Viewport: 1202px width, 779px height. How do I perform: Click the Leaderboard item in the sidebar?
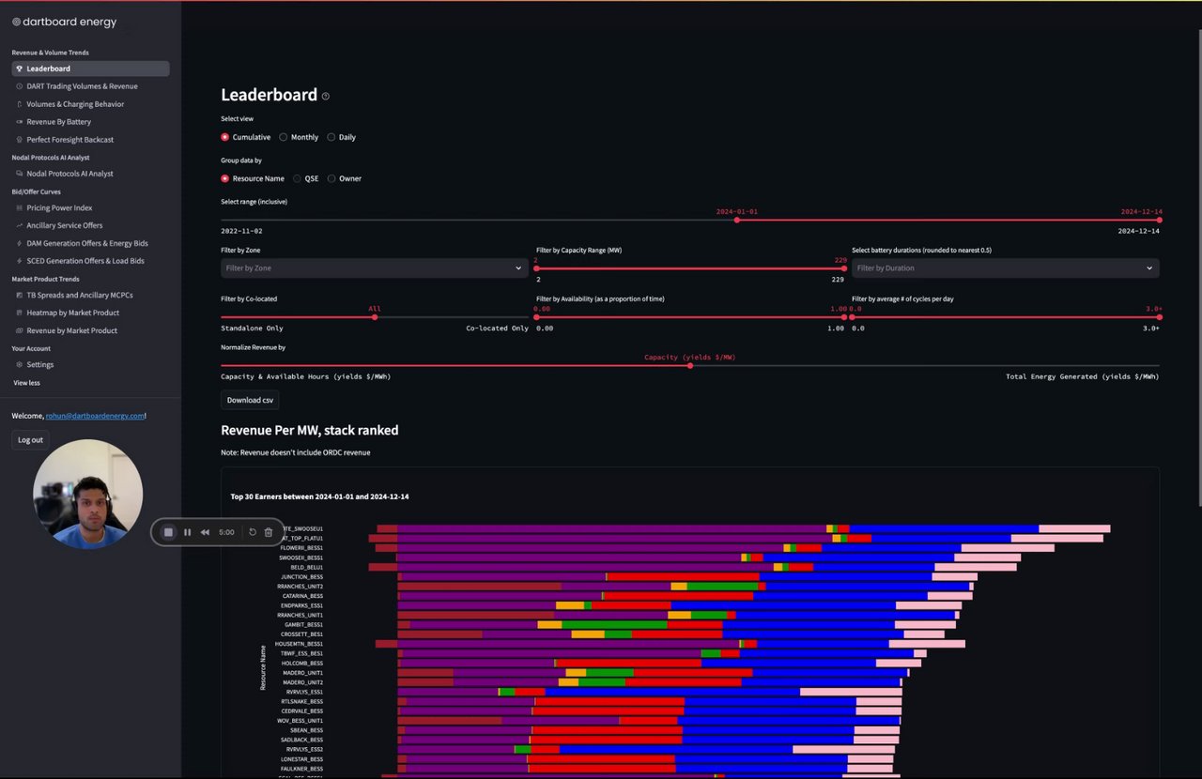pyautogui.click(x=48, y=69)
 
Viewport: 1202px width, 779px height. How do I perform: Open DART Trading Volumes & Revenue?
pyautogui.click(x=82, y=86)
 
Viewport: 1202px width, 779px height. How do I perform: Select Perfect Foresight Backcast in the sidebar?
pyautogui.click(x=69, y=140)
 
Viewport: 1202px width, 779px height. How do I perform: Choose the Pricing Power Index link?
pyautogui.click(x=59, y=207)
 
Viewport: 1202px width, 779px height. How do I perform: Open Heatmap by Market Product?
pyautogui.click(x=72, y=313)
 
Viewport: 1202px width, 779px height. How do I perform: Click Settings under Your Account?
pyautogui.click(x=39, y=364)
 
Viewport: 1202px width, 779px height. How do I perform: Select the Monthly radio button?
pyautogui.click(x=284, y=137)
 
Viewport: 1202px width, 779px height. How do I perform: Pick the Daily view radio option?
pyautogui.click(x=331, y=137)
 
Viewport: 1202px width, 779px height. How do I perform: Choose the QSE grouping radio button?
pyautogui.click(x=298, y=178)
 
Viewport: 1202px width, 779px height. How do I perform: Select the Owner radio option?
pyautogui.click(x=331, y=178)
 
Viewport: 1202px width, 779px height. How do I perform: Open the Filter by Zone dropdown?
pyautogui.click(x=373, y=268)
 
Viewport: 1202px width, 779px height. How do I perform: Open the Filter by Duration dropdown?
pyautogui.click(x=1005, y=268)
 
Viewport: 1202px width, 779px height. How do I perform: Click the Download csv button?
pyautogui.click(x=250, y=400)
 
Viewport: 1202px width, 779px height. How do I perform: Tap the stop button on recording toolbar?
pyautogui.click(x=169, y=532)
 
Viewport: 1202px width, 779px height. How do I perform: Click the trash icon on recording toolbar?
pyautogui.click(x=269, y=532)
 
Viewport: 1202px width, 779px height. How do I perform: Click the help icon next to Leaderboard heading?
pyautogui.click(x=326, y=96)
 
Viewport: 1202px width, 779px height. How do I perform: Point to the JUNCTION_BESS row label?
pyautogui.click(x=301, y=576)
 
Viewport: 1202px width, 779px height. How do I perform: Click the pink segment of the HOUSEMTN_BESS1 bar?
pyautogui.click(x=927, y=644)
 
